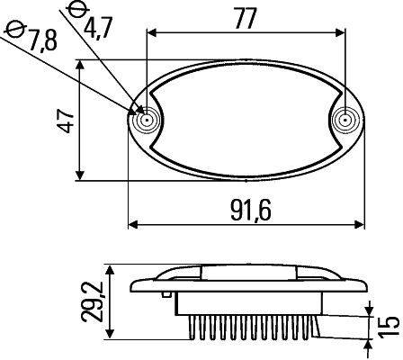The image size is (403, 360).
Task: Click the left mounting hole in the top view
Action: (x=144, y=120)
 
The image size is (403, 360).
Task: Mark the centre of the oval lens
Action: (x=245, y=120)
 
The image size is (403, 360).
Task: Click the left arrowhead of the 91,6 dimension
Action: (x=132, y=222)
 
